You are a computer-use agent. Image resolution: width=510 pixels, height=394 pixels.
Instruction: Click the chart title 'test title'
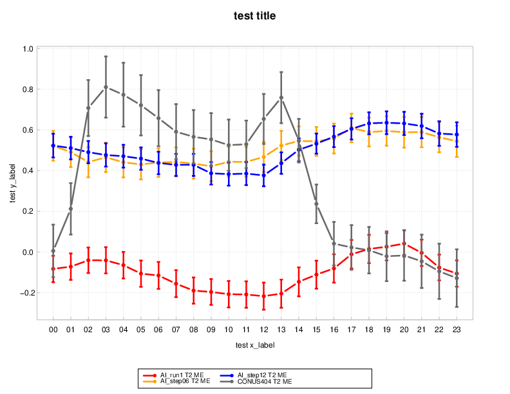(x=254, y=16)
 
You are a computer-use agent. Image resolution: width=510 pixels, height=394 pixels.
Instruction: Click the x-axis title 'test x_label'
(x=254, y=345)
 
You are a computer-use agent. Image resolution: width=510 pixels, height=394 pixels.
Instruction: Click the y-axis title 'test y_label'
(x=14, y=183)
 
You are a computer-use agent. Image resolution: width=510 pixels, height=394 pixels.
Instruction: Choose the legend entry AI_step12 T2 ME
(x=258, y=374)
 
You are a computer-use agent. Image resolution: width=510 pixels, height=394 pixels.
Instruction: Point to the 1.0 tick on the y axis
(x=28, y=49)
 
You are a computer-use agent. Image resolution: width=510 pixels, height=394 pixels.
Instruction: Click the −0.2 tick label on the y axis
(x=26, y=293)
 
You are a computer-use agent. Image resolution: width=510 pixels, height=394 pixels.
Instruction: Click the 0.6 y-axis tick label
(x=28, y=130)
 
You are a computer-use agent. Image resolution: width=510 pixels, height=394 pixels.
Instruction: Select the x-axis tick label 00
(x=53, y=329)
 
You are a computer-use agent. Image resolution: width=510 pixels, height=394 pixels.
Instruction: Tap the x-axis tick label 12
(x=264, y=329)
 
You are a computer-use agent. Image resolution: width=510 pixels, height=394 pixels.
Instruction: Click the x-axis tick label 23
(x=457, y=329)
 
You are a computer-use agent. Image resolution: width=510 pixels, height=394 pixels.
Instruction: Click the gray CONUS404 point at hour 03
(x=106, y=87)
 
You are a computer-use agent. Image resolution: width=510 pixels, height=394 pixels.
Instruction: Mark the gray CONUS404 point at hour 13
(x=281, y=98)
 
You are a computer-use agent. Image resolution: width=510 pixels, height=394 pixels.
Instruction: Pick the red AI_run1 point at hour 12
(x=264, y=296)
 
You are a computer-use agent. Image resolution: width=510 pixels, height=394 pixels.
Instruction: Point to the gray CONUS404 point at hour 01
(x=71, y=209)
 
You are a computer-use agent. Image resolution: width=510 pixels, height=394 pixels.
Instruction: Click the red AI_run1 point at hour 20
(x=404, y=243)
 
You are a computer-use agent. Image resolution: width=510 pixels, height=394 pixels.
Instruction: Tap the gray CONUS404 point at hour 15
(x=316, y=204)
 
